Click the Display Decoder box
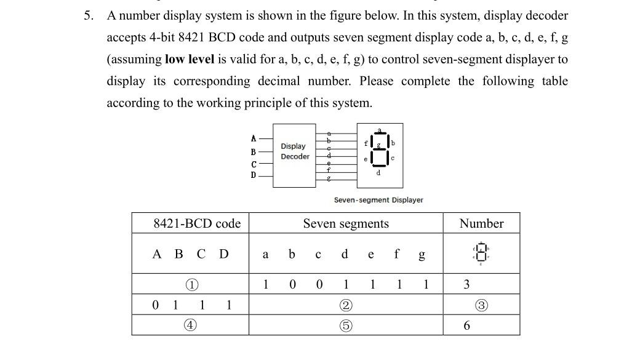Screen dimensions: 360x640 pos(295,156)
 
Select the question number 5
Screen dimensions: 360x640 pos(89,16)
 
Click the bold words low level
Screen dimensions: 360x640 pos(190,60)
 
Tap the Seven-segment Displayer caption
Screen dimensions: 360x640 pos(378,200)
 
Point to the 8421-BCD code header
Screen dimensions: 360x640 pos(196,223)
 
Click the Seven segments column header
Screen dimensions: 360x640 pos(345,223)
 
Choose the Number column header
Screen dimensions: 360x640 pos(481,223)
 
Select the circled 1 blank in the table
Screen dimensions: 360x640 pos(192,284)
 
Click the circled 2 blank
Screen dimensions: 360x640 pos(346,305)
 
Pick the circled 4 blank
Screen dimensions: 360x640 pos(192,326)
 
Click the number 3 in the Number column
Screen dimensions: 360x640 pos(466,284)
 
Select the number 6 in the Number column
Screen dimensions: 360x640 pos(466,326)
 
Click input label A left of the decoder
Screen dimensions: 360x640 pos(253,138)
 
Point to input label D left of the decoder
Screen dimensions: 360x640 pos(253,175)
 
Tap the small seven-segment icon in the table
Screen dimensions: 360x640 pos(481,253)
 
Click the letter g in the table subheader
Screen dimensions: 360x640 pos(421,254)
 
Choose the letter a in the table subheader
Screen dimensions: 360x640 pos(265,254)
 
